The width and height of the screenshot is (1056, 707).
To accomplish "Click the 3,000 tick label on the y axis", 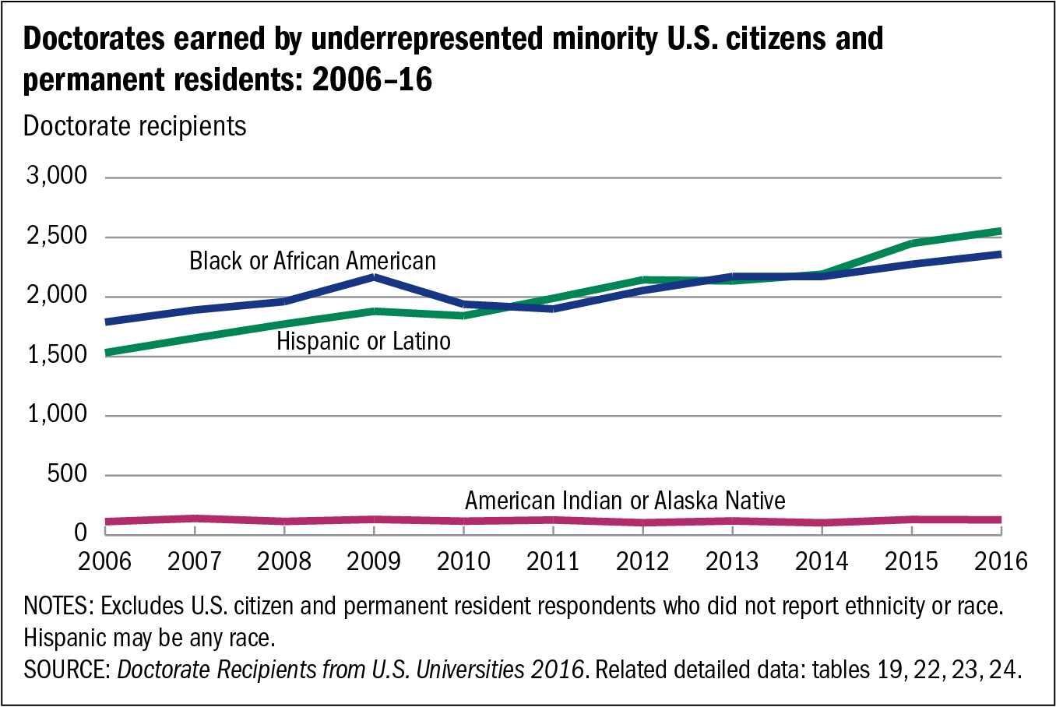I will pos(57,177).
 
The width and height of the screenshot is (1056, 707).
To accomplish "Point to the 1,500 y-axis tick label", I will pos(57,355).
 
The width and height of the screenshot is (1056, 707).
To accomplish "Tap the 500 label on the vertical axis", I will pos(67,474).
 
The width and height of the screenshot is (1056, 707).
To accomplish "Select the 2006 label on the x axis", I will pos(105,561).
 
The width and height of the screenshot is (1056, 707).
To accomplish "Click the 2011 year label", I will pos(553,561).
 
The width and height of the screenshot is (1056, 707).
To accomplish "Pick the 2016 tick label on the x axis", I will pos(1001,561).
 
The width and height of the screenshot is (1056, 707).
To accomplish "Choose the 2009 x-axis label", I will pos(374,561).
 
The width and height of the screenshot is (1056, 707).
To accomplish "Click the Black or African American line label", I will pos(312,261).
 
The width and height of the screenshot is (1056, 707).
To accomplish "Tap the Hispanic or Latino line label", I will pos(364,341).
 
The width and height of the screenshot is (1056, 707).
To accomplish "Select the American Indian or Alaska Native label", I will pos(625,501).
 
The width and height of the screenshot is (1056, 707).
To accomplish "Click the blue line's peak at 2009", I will pos(375,276).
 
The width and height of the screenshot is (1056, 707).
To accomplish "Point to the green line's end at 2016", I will pos(1000,231).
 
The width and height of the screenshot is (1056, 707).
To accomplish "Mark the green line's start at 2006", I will pos(107,353).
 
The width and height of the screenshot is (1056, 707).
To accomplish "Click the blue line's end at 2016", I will pos(1000,254).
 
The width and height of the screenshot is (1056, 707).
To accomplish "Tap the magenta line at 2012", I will pos(643,522).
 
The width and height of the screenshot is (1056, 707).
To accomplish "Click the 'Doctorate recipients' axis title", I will pos(135,126).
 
